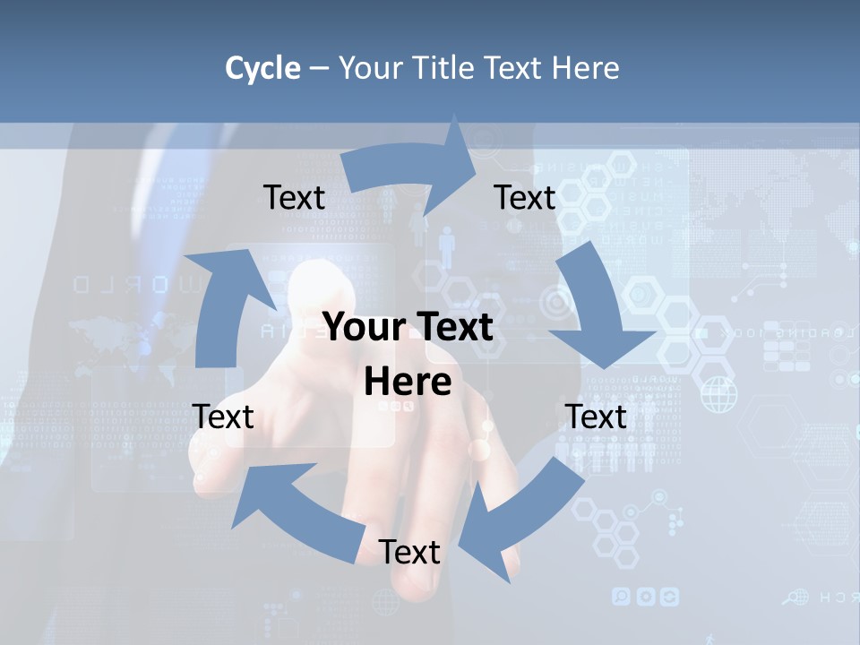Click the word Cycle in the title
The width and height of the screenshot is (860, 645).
pos(262,68)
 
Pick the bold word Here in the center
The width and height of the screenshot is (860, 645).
pos(408,383)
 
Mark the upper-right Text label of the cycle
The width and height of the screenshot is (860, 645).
pos(525,197)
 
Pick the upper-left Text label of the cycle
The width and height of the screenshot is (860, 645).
pos(294,197)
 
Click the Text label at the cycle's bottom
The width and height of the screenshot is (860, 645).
pos(409,552)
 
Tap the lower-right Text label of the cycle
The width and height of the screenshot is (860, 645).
pos(596,417)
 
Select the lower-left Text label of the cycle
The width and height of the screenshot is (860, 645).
pos(223,417)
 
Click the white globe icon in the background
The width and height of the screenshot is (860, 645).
pos(718,394)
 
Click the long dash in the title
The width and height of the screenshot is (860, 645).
pos(319,69)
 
